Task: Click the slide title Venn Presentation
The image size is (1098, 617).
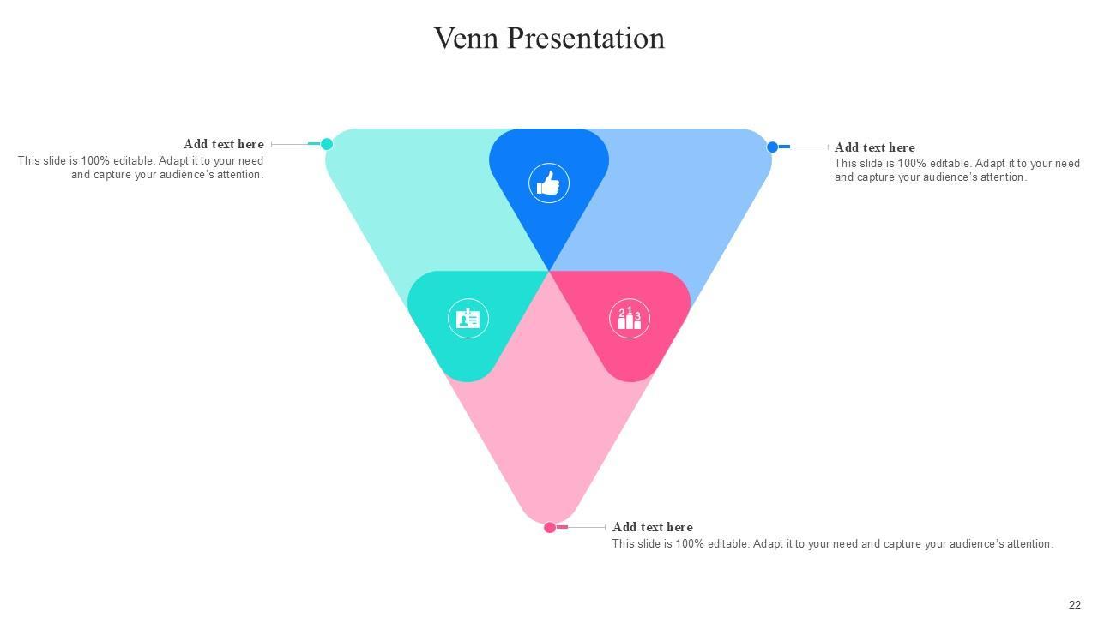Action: (549, 39)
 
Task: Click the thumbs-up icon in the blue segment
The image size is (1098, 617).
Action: (549, 183)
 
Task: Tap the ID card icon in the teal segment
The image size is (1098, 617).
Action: (468, 319)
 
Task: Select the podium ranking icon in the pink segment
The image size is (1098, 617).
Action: (630, 319)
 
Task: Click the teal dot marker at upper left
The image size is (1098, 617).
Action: (327, 144)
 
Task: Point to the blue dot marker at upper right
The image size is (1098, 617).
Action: (772, 147)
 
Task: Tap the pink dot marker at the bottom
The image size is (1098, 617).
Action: (550, 527)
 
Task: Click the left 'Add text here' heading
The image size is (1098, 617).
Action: (223, 144)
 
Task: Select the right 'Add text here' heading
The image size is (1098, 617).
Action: (874, 147)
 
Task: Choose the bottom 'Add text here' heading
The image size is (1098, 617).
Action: (652, 527)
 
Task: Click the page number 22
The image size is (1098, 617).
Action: (1075, 605)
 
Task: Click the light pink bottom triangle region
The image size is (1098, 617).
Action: (549, 428)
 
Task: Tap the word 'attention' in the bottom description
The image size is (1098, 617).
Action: (1029, 544)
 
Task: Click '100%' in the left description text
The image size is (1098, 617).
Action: (95, 161)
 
